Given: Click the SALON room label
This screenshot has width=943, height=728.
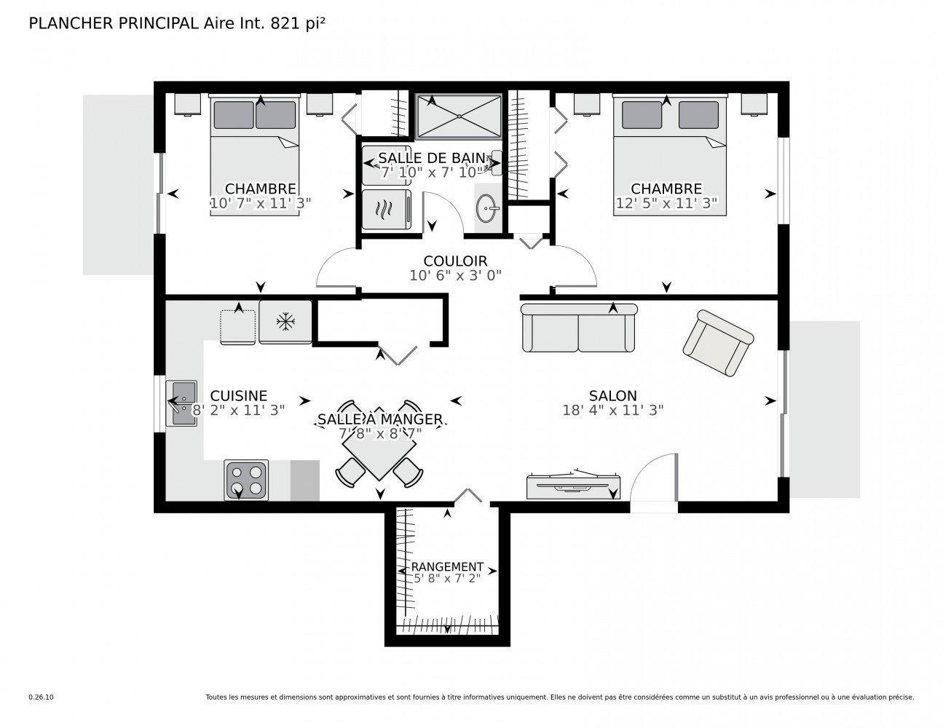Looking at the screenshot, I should point(612,396).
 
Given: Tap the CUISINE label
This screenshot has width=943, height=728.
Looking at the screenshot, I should point(238,396).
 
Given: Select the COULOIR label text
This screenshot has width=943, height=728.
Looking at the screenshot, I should point(455,261).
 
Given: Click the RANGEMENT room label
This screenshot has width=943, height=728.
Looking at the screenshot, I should point(447,566).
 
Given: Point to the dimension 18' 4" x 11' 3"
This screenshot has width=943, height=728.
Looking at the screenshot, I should point(612,411).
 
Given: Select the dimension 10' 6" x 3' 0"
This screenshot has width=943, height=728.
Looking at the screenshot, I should point(455,275).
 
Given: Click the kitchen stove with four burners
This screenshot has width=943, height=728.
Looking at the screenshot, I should point(246,480).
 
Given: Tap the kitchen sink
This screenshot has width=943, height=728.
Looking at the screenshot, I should point(181,403).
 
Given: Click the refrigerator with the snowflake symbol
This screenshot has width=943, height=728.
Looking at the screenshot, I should point(285,321).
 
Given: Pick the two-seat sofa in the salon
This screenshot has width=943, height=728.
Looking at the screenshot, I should point(579,328).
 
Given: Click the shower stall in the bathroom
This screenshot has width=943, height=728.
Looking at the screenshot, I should point(459,115).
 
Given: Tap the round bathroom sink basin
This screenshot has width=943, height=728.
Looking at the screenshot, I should point(487,211).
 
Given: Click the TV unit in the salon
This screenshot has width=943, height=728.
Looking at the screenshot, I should point(575,486).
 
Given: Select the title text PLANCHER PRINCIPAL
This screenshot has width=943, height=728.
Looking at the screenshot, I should point(111,23).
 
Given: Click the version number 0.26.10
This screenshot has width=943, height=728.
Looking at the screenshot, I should point(41,697).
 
